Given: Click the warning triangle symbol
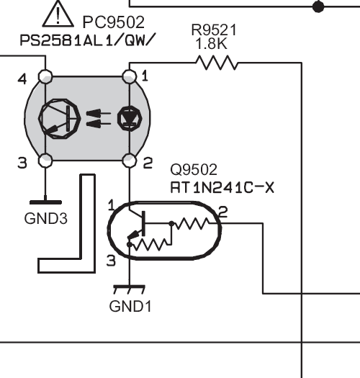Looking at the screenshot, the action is pyautogui.click(x=58, y=14).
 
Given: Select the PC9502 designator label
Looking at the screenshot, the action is pyautogui.click(x=113, y=22).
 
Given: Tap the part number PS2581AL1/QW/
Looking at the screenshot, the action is pyautogui.click(x=86, y=40).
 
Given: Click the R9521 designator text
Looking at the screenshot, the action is pyautogui.click(x=214, y=30).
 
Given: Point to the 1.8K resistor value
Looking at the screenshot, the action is pyautogui.click(x=212, y=44).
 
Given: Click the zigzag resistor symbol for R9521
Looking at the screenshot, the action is pyautogui.click(x=217, y=63).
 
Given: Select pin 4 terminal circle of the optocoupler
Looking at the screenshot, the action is pyautogui.click(x=45, y=76).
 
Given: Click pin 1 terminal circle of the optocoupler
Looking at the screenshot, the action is pyautogui.click(x=130, y=76).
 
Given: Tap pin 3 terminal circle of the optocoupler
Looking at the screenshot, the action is pyautogui.click(x=45, y=161).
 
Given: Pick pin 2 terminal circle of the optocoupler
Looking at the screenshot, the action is pyautogui.click(x=130, y=161).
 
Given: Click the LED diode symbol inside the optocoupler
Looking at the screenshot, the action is pyautogui.click(x=130, y=118).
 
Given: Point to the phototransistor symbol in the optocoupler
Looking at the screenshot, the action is pyautogui.click(x=60, y=119).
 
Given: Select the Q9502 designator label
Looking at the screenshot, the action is pyautogui.click(x=194, y=169).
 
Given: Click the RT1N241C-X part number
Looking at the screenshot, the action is pyautogui.click(x=222, y=187).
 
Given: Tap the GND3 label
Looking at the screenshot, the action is pyautogui.click(x=46, y=219).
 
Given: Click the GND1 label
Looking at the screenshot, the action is pyautogui.click(x=130, y=306).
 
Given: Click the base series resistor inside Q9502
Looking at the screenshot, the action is pyautogui.click(x=192, y=223).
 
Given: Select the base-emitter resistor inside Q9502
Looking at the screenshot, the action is pyautogui.click(x=150, y=244).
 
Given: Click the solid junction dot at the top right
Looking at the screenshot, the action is pyautogui.click(x=318, y=6).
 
